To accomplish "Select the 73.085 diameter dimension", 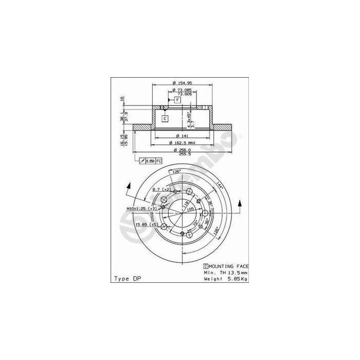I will pos(182,90).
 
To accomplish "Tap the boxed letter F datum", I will pos(177,99).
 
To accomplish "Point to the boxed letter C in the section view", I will pos(165,118).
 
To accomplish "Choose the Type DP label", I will pos(127,278).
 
